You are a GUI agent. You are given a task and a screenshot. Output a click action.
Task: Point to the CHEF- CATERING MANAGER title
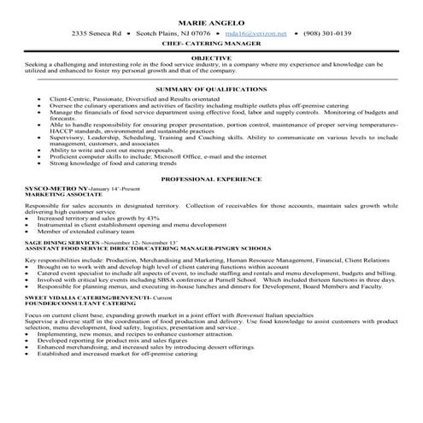click(x=210, y=45)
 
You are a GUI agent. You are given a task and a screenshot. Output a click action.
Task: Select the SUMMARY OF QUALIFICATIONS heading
click(x=210, y=90)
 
